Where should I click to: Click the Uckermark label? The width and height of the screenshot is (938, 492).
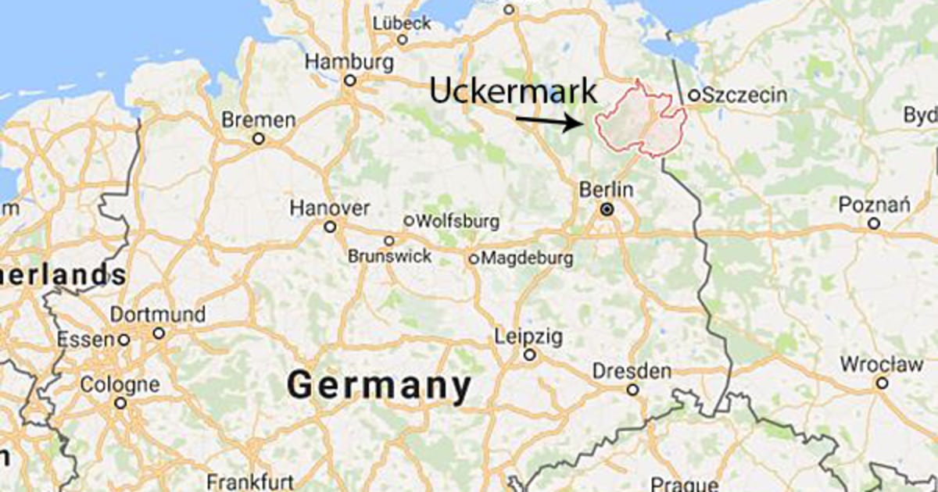(x=513, y=91)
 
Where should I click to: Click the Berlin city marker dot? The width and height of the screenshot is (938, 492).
(x=607, y=210)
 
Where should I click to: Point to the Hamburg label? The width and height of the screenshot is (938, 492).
(x=349, y=61)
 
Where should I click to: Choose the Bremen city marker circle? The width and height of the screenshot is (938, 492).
(x=259, y=139)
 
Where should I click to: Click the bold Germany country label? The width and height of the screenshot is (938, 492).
(x=379, y=386)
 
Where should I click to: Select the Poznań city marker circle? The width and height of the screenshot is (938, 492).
(x=874, y=223)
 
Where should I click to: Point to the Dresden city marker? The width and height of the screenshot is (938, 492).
(x=632, y=390)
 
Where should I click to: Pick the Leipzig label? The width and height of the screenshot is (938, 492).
(x=528, y=337)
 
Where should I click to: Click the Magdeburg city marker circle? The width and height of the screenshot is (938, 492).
(x=473, y=258)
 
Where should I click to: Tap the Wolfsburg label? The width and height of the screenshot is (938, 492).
(x=459, y=221)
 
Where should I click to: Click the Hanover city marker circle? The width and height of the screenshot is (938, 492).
(x=331, y=226)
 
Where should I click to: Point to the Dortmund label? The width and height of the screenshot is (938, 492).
(x=158, y=315)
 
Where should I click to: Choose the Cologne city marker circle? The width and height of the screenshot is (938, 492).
(x=120, y=404)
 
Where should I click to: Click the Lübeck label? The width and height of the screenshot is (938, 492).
(x=403, y=23)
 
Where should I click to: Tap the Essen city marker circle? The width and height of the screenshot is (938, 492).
(x=124, y=340)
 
